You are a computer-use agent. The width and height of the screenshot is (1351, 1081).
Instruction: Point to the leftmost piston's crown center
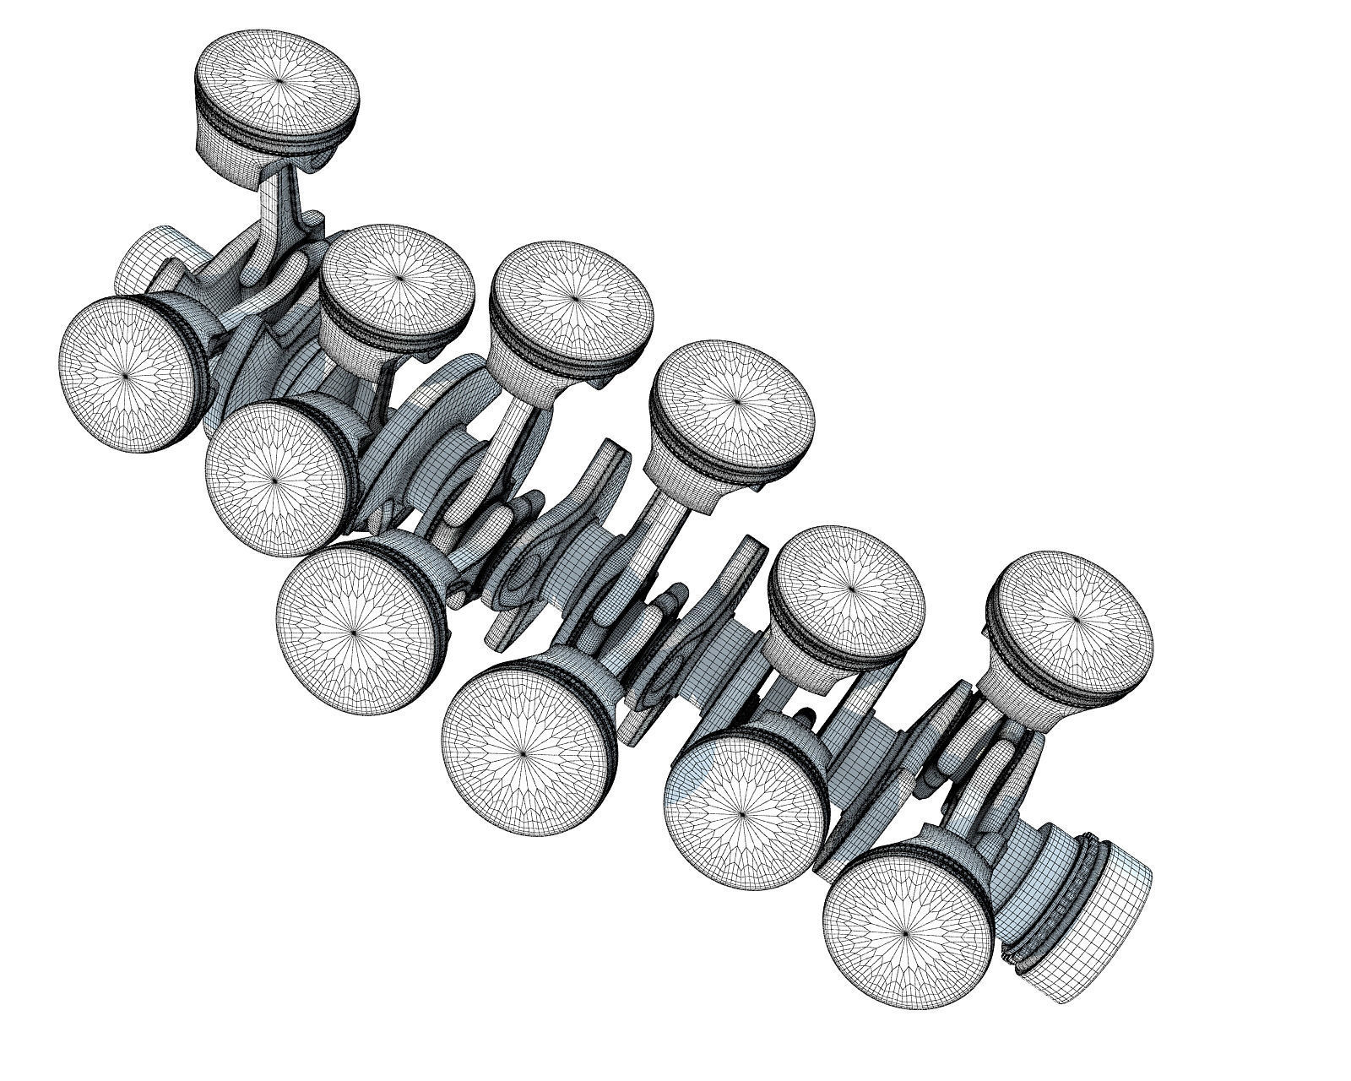pyautogui.click(x=127, y=375)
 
